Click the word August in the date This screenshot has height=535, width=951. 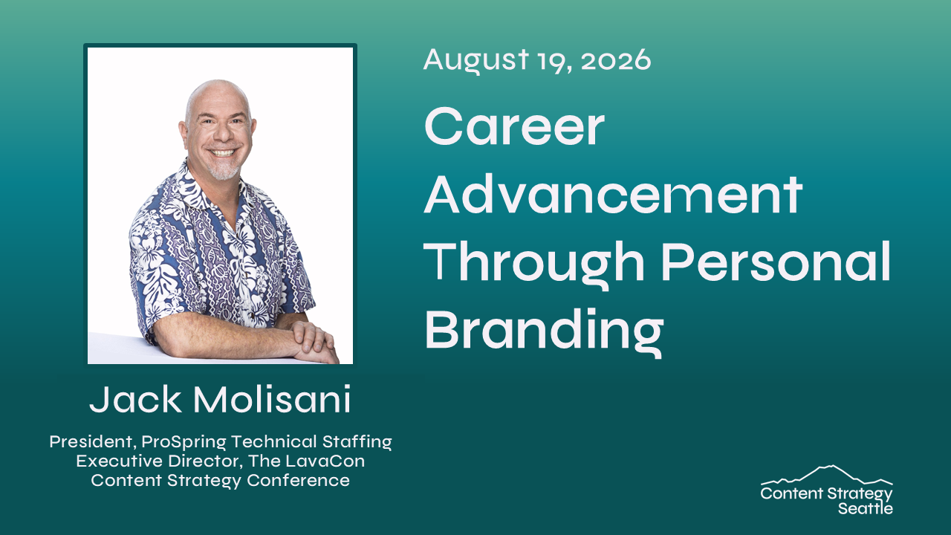(476, 61)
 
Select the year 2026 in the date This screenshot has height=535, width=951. (616, 60)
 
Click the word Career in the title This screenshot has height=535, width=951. (514, 126)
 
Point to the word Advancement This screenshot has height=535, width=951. (614, 194)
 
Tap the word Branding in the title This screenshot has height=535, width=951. (544, 332)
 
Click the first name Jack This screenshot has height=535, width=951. (135, 399)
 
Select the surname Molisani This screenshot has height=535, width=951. (273, 399)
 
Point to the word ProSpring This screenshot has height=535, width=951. (184, 442)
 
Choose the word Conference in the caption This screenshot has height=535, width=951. (298, 480)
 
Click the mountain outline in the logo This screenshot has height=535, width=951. (827, 476)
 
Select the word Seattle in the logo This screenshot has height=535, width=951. (866, 508)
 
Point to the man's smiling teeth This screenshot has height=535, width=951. (222, 152)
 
